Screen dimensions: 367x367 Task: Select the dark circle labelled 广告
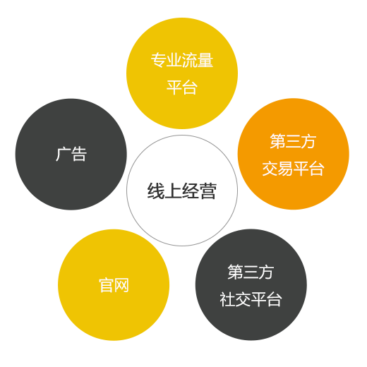(71, 154)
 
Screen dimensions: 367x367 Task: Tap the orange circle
(294, 154)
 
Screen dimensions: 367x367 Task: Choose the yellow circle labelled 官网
(114, 284)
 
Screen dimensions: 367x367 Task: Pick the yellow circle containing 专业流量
(182, 73)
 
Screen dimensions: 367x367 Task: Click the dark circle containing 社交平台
(251, 284)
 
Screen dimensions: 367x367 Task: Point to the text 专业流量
(182, 60)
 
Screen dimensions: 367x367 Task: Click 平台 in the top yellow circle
(182, 88)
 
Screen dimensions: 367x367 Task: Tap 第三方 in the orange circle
(293, 141)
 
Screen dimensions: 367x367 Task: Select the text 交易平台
(293, 169)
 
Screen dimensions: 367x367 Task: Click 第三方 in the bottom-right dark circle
(251, 272)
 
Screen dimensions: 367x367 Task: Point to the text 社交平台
(251, 299)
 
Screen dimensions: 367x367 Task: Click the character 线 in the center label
(156, 191)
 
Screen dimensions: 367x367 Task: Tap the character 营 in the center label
(208, 191)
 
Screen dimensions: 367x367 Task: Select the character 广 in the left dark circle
(63, 154)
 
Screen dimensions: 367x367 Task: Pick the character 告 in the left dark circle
(79, 154)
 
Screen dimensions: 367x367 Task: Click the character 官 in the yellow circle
(106, 285)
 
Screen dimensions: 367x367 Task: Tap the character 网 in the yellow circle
(121, 285)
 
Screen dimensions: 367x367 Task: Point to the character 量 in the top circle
(205, 60)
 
